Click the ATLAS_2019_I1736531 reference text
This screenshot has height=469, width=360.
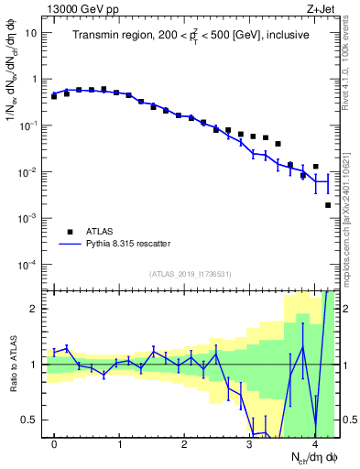191,274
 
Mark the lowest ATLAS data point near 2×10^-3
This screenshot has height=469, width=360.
328,205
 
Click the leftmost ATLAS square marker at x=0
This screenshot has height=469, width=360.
54,95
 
